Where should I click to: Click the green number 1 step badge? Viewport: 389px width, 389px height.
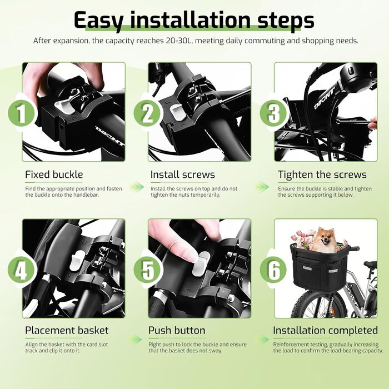21,114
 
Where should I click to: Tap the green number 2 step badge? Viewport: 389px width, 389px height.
147,114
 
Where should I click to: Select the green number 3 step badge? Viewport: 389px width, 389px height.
273,114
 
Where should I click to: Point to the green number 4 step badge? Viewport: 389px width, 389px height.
21,270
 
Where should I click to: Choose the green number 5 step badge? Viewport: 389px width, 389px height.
147,270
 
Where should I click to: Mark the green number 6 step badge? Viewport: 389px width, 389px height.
273,270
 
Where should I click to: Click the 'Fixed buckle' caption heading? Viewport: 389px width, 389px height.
54,174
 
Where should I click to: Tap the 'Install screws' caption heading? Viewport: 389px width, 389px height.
183,174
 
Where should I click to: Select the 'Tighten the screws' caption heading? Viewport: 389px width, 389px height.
322,174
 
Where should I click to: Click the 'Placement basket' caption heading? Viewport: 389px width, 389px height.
67,331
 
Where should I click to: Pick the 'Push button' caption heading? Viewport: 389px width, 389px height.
177,331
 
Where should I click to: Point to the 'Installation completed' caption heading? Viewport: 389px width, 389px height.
325,331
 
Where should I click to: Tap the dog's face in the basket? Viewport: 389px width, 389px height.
324,239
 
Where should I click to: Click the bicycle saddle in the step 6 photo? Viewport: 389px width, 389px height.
370,264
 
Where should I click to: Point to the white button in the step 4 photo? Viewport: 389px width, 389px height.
77,261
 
